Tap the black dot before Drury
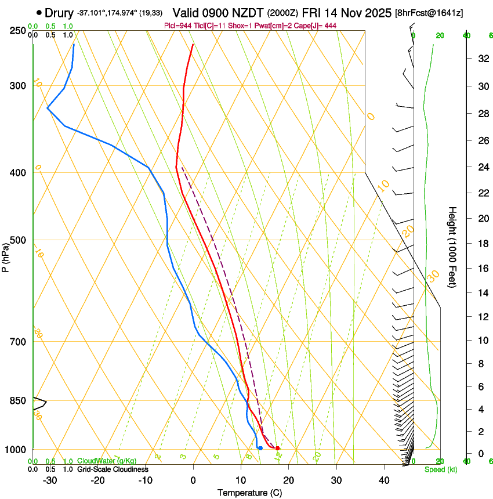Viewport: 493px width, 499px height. tap(39, 12)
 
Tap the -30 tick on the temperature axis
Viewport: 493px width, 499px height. tap(49, 480)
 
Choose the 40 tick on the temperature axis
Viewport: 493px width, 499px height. tap(383, 480)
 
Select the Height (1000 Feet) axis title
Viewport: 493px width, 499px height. tap(452, 247)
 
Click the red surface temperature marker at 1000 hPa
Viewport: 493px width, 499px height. tap(277, 448)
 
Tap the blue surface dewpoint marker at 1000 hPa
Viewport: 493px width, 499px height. tap(260, 448)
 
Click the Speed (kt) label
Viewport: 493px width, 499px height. tap(441, 469)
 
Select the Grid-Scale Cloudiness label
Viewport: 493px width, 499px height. tap(113, 469)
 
